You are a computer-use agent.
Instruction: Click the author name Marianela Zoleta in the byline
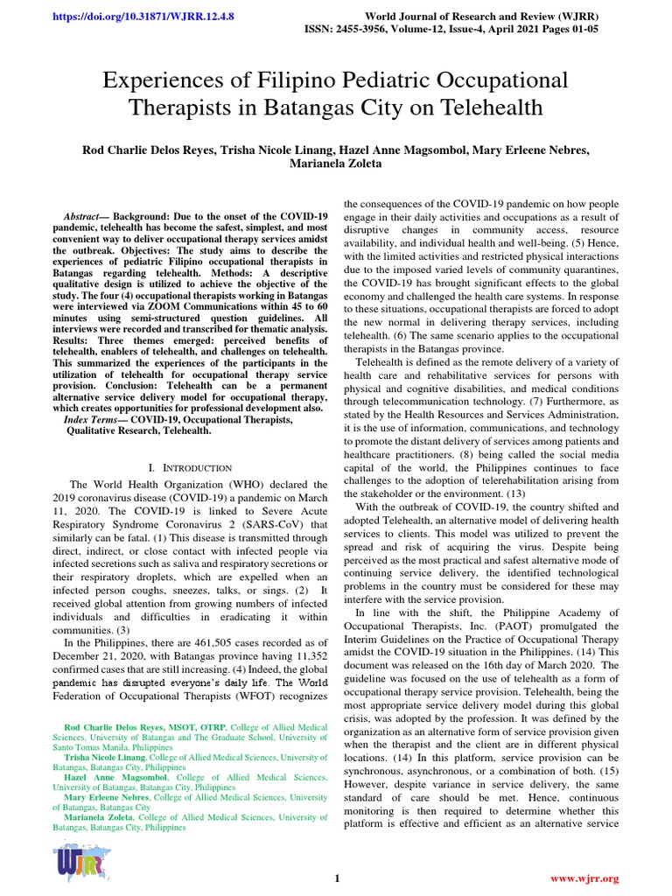tap(335, 163)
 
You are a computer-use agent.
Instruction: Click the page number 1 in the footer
tap(335, 878)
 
